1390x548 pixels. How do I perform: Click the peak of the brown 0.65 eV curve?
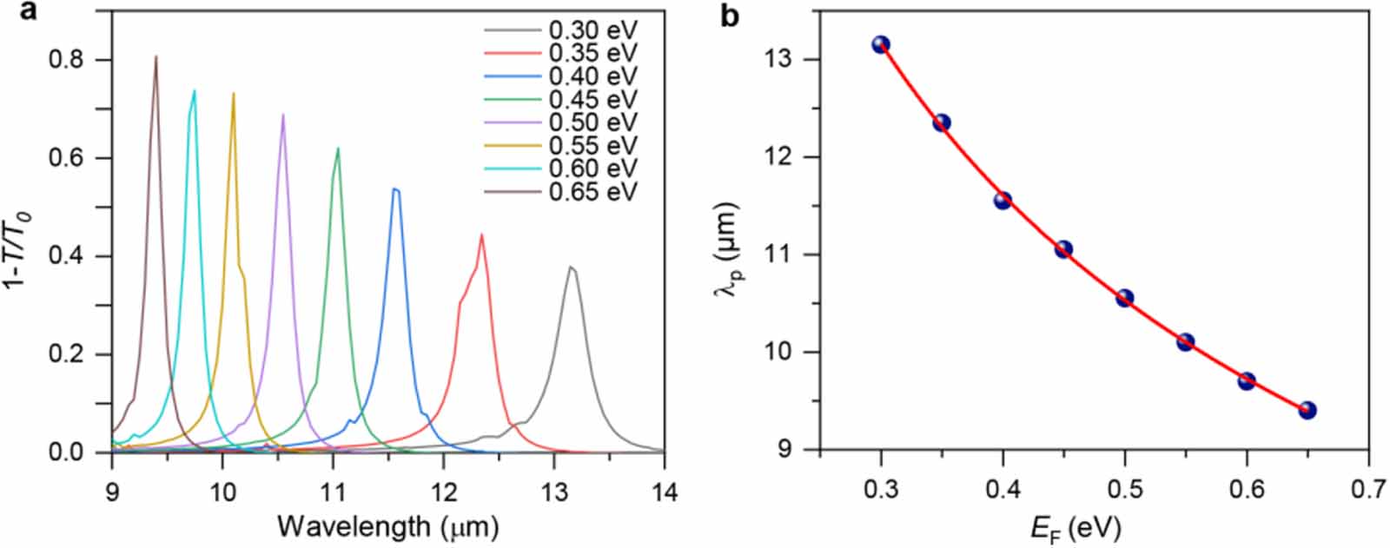pyautogui.click(x=156, y=57)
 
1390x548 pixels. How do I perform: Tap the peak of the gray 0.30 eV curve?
pyautogui.click(x=570, y=267)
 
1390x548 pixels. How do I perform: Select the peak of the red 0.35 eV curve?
pyautogui.click(x=481, y=234)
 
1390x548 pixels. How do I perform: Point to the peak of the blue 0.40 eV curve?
pyautogui.click(x=395, y=188)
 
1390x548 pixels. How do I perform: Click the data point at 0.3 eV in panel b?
pyautogui.click(x=881, y=44)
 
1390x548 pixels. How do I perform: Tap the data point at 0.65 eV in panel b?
pyautogui.click(x=1307, y=410)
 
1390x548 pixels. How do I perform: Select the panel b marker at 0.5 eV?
pyautogui.click(x=1124, y=298)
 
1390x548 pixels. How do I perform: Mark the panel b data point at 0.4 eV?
pyautogui.click(x=1003, y=201)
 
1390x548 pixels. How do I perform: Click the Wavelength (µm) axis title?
pyautogui.click(x=387, y=526)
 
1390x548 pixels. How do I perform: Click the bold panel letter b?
pyautogui.click(x=731, y=15)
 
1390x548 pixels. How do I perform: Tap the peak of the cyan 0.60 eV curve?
pyautogui.click(x=194, y=90)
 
